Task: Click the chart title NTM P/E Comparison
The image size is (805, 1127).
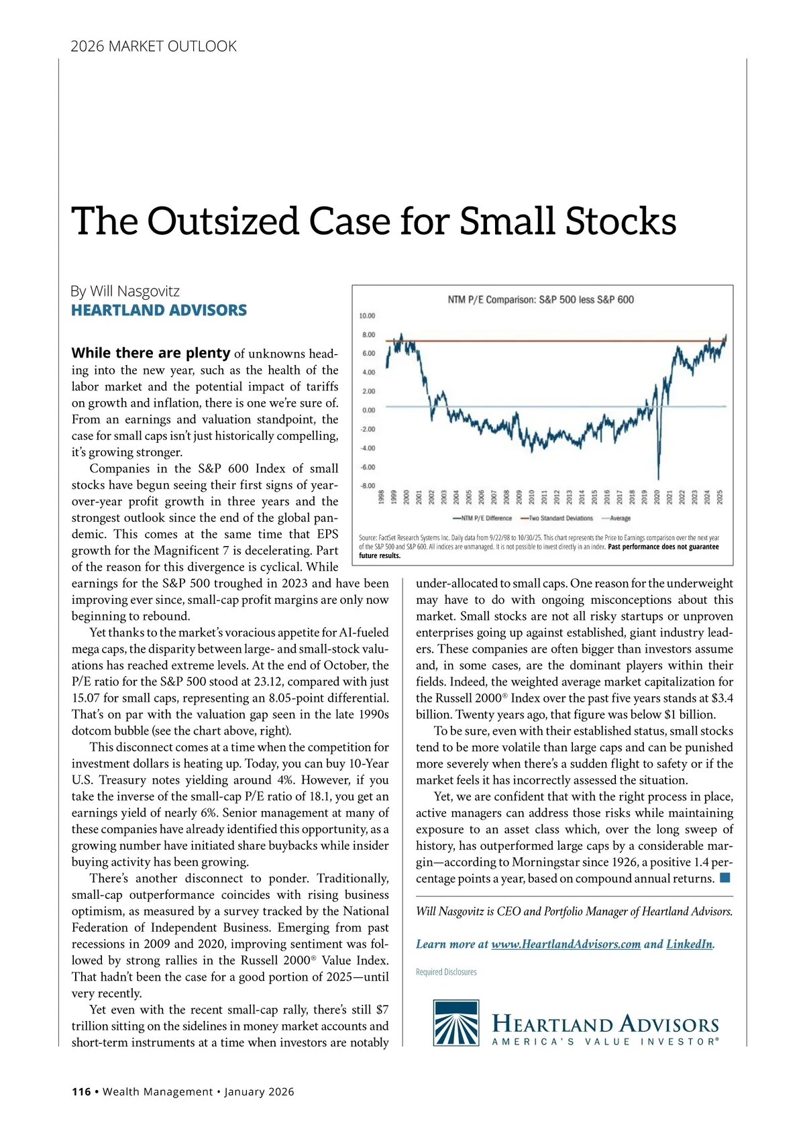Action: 540,300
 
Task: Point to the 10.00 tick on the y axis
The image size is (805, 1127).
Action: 368,315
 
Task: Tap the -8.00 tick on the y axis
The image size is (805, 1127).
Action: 368,485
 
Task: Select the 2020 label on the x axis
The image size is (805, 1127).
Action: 657,496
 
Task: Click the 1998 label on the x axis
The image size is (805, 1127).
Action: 381,496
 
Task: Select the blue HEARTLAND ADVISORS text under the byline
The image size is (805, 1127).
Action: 159,310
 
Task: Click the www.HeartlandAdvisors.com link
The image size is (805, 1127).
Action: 566,944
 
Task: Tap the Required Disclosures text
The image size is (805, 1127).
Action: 446,971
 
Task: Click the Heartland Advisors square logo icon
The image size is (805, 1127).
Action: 456,1022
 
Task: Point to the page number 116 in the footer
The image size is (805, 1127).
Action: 81,1091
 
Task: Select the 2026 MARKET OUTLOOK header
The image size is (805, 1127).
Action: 154,46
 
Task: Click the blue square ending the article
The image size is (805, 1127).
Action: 724,877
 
